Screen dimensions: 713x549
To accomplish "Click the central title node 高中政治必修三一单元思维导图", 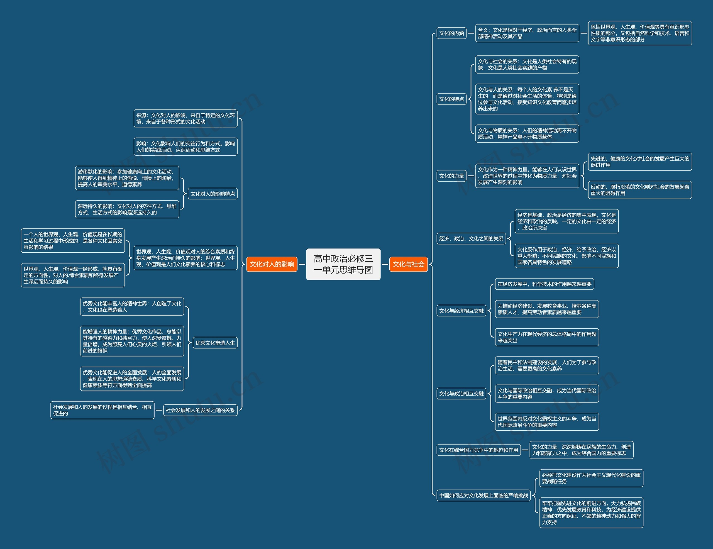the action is (x=343, y=264).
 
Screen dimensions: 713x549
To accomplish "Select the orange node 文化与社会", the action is (x=408, y=264).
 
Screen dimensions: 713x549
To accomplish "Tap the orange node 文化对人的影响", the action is (x=272, y=264).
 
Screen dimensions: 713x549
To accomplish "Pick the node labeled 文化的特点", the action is (x=451, y=99).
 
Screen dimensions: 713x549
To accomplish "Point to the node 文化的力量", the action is (x=451, y=175).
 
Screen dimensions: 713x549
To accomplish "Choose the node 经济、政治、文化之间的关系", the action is (x=471, y=239).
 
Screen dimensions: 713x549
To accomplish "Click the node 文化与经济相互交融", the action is (x=461, y=311).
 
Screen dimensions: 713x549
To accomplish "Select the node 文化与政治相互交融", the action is (x=461, y=393).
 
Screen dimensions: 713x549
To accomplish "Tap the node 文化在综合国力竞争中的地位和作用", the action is (x=478, y=450).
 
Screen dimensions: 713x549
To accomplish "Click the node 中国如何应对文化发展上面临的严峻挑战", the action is (x=484, y=495).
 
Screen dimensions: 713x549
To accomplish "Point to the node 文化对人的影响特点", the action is (x=213, y=194).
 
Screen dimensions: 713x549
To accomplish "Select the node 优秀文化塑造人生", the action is (x=215, y=343).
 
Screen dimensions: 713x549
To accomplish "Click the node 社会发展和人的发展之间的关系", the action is (x=200, y=410).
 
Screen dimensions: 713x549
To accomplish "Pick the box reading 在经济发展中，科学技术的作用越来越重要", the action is (x=544, y=284).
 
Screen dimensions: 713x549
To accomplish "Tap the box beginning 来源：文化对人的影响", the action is (x=185, y=118).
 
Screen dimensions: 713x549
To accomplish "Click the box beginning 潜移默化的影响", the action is (x=127, y=178).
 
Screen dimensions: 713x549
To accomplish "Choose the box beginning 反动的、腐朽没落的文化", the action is (x=640, y=190).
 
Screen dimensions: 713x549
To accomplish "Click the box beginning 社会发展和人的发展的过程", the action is (x=102, y=410).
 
